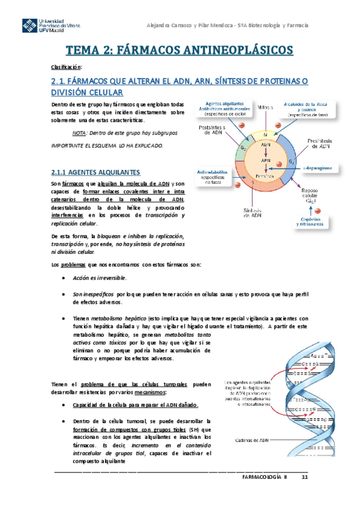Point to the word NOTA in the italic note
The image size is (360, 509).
pos(77,133)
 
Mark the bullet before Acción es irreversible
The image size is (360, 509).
pos(64,279)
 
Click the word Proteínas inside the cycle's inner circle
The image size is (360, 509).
pos(265,176)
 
